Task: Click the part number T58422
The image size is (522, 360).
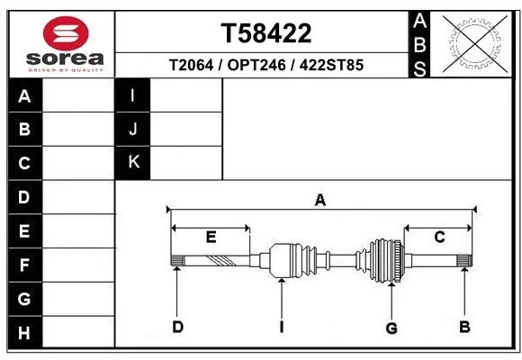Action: [x=266, y=33]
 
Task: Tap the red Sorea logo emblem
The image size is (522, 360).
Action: [x=66, y=33]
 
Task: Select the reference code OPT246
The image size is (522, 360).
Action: [x=256, y=65]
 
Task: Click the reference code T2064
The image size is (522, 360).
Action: [x=191, y=65]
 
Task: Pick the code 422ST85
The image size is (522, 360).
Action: [x=331, y=65]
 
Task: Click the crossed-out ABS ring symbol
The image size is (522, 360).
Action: [x=475, y=44]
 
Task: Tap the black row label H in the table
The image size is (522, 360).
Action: [x=24, y=333]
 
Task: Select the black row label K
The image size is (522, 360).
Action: [x=133, y=163]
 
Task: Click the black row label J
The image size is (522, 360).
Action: [x=133, y=129]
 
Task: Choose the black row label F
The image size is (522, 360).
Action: [x=24, y=265]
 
